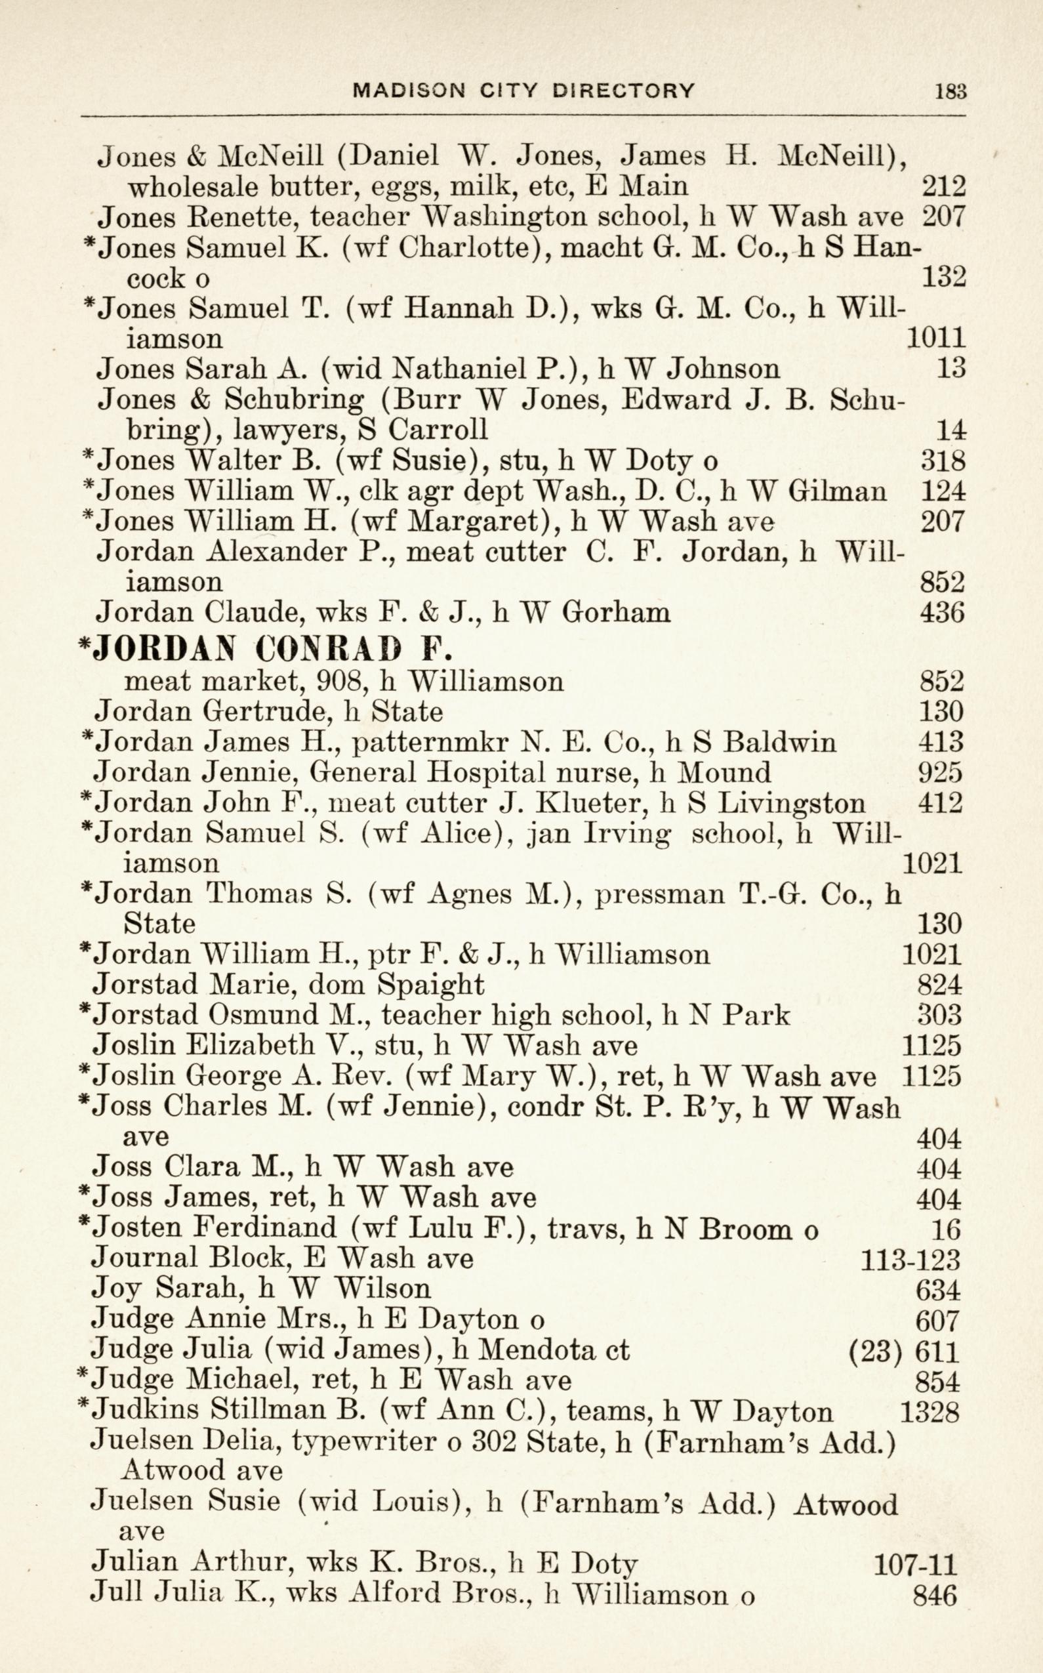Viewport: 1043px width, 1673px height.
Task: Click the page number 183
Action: click(x=951, y=91)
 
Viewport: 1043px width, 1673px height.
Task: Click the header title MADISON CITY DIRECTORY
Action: click(x=523, y=91)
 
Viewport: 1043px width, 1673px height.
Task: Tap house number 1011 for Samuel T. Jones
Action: click(x=935, y=338)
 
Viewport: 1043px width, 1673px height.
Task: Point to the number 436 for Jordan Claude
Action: click(x=941, y=612)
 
